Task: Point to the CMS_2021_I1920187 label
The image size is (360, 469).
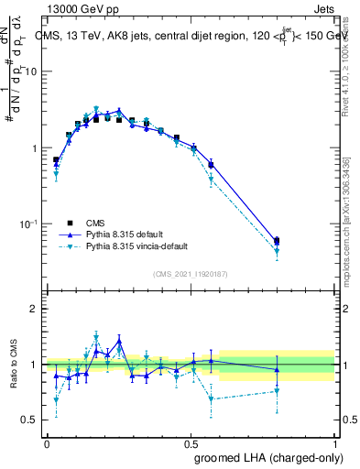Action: coord(190,274)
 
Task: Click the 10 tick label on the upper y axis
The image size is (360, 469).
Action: coord(31,71)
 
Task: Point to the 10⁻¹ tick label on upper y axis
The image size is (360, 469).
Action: coord(29,224)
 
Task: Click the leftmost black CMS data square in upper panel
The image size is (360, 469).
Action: coord(56,160)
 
